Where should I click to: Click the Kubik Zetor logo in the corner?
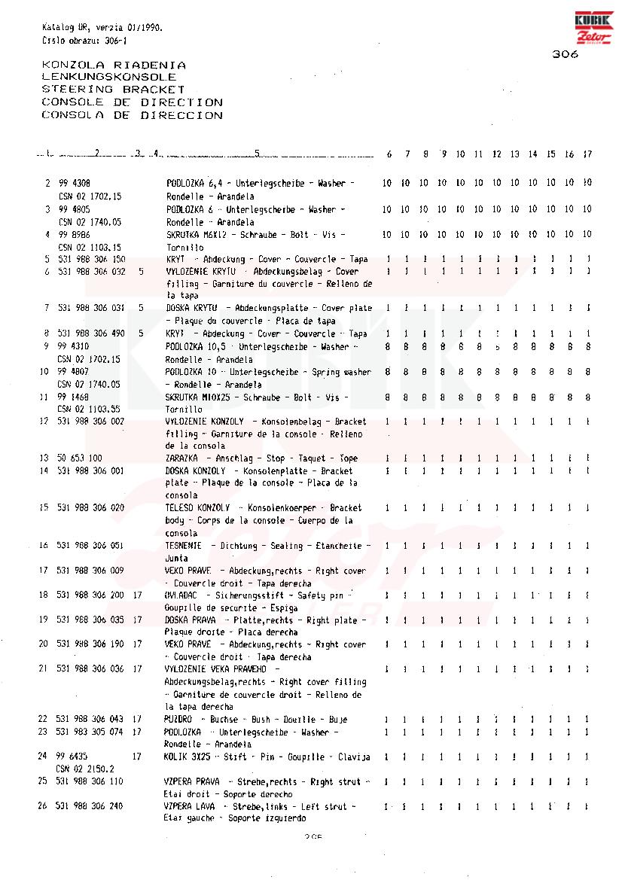(x=594, y=29)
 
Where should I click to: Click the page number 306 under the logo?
(x=565, y=54)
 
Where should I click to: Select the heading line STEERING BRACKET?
(x=113, y=90)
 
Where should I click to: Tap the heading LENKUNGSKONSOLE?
(x=109, y=77)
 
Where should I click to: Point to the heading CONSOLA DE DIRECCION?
(x=132, y=115)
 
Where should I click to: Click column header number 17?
(x=587, y=154)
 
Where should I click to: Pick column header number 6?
(x=389, y=154)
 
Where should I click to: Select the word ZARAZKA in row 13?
(x=181, y=458)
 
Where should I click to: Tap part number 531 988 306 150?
(x=91, y=259)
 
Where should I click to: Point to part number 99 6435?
(x=72, y=757)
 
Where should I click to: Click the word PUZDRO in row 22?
(x=178, y=720)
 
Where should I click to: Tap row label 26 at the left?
(x=44, y=806)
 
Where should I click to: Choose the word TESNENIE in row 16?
(x=184, y=546)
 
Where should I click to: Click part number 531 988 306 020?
(x=91, y=508)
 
